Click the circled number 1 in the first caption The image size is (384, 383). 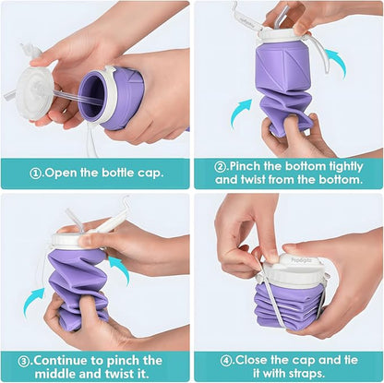pos(36,171)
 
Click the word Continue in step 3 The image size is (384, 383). pos(75,360)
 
